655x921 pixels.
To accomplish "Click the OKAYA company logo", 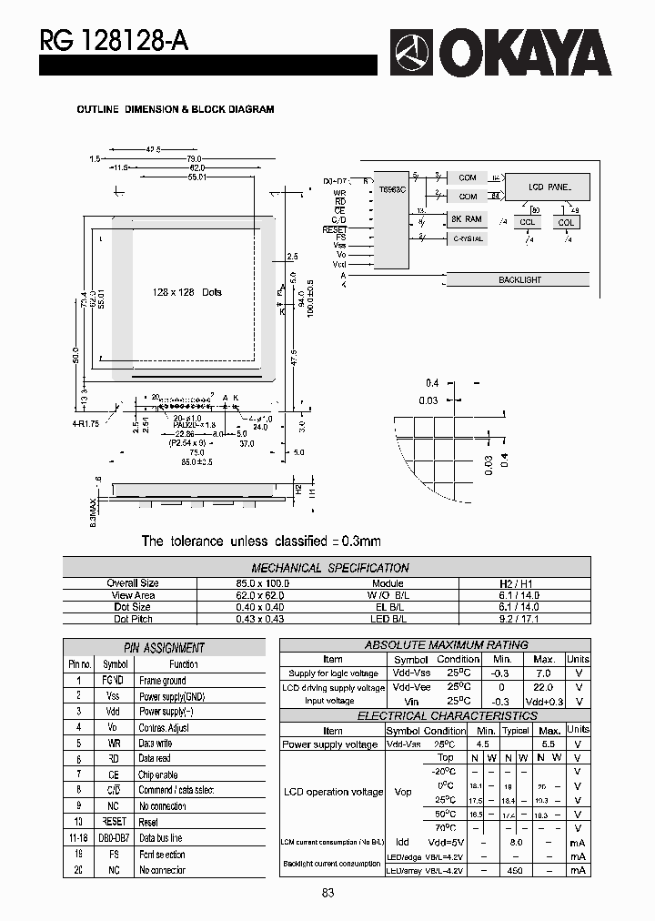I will (x=501, y=53).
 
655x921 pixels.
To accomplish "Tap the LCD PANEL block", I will (x=549, y=187).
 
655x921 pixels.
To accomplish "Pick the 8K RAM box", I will (x=467, y=219).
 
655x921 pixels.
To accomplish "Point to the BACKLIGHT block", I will (x=519, y=279).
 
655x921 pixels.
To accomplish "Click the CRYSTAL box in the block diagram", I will (x=467, y=238).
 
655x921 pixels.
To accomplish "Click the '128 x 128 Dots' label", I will (x=187, y=292).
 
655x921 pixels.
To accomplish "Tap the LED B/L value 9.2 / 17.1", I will (x=519, y=619).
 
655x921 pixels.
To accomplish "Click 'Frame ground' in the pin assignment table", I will (x=162, y=680).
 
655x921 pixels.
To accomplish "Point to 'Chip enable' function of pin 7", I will (x=158, y=774).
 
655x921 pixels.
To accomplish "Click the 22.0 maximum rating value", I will (x=543, y=688).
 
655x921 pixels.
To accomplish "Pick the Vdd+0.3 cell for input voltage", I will (x=543, y=702).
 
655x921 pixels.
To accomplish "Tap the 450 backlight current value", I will (x=516, y=871).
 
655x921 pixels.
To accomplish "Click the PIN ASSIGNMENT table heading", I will (x=164, y=648).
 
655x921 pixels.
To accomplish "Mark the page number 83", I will (x=327, y=894).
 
